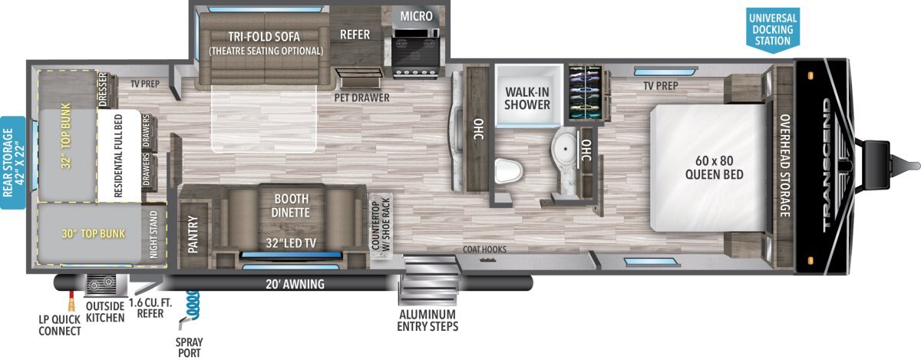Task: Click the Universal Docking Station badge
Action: click(773, 30)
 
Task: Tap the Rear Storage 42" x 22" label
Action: click(13, 163)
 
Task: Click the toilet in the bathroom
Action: click(509, 170)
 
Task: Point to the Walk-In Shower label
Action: click(527, 98)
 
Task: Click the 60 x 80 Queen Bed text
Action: click(715, 167)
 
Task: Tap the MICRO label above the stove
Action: click(416, 16)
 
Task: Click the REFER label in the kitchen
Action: click(355, 35)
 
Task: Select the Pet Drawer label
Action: click(361, 97)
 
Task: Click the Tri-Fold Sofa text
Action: click(264, 37)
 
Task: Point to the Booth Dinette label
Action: click(291, 205)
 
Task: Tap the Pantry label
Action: click(193, 234)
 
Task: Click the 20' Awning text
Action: click(295, 284)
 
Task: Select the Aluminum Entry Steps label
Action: click(427, 321)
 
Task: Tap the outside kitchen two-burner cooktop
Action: click(101, 283)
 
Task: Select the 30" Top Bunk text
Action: click(94, 233)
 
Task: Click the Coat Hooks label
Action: click(484, 249)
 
